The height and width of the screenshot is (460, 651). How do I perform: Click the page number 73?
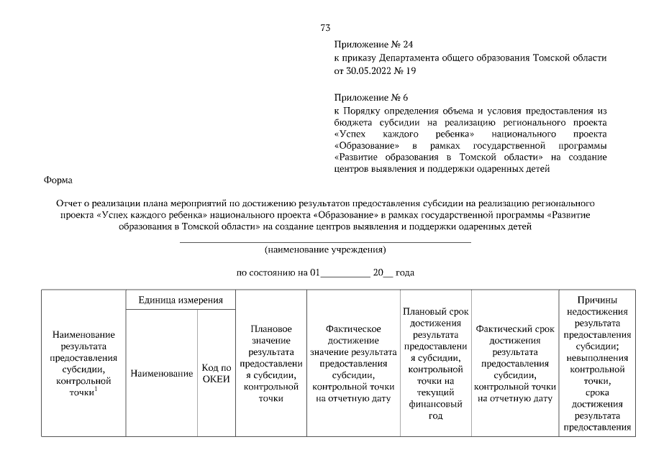tap(324, 28)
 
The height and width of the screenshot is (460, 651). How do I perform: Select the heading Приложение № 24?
tap(373, 45)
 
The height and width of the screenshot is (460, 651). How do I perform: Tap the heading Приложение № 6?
tap(370, 97)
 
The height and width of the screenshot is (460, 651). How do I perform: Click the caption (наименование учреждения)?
tap(324, 250)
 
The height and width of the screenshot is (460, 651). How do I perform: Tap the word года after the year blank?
tap(405, 273)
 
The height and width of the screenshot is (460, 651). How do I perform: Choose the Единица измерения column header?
tap(181, 300)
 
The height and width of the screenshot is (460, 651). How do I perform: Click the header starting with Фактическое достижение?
tap(352, 363)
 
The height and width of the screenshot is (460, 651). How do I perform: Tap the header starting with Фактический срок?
tap(514, 363)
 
